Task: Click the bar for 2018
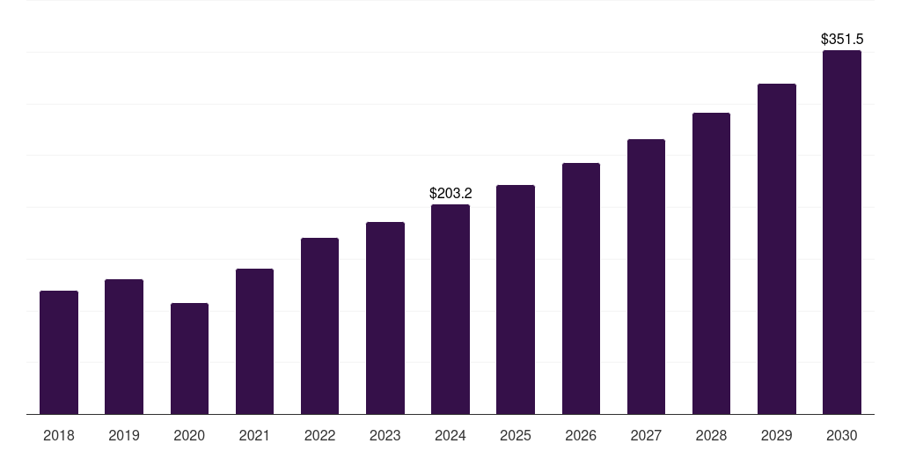pyautogui.click(x=59, y=352)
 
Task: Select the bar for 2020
pyautogui.click(x=189, y=359)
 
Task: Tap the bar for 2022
pyautogui.click(x=319, y=326)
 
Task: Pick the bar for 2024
pyautogui.click(x=450, y=309)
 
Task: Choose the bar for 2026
pyautogui.click(x=581, y=289)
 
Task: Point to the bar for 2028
pyautogui.click(x=711, y=263)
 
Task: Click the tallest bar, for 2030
pyautogui.click(x=842, y=233)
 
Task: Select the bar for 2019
pyautogui.click(x=124, y=347)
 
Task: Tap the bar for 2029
pyautogui.click(x=777, y=249)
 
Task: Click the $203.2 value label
pyautogui.click(x=450, y=193)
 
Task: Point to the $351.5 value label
pyautogui.click(x=842, y=39)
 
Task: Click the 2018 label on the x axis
pyautogui.click(x=59, y=435)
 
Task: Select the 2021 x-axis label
pyautogui.click(x=254, y=435)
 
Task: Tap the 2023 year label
pyautogui.click(x=385, y=435)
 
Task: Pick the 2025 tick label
pyautogui.click(x=516, y=435)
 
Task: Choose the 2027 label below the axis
pyautogui.click(x=646, y=435)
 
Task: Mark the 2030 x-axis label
pyautogui.click(x=842, y=435)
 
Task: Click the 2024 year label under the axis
pyautogui.click(x=450, y=435)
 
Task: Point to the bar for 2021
pyautogui.click(x=254, y=342)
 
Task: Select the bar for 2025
pyautogui.click(x=516, y=299)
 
